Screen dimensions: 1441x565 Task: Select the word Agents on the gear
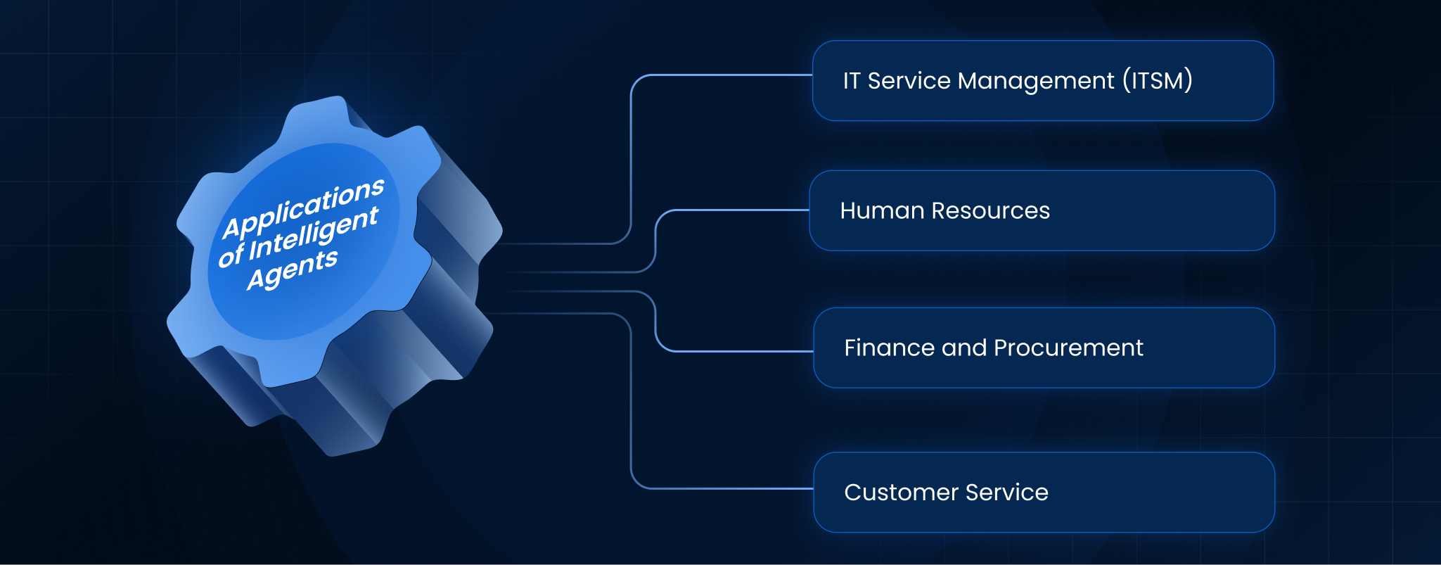293,269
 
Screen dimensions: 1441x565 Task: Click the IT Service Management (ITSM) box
1043,81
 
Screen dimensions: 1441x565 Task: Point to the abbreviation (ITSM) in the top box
1158,80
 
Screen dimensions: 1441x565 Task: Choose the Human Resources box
1042,210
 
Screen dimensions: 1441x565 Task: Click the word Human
882,210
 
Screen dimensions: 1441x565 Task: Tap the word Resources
990,210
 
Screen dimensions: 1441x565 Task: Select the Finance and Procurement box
1044,348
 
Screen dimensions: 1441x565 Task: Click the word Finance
889,348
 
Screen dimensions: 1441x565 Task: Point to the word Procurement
1068,348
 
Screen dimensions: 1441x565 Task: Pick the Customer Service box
1044,492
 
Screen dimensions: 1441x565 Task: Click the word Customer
901,492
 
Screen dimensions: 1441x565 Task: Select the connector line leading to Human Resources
655,239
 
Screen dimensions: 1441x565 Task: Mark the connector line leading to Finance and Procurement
655,320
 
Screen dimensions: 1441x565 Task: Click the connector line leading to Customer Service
631,401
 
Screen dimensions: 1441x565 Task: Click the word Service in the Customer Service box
1007,492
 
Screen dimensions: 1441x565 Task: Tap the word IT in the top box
852,80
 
